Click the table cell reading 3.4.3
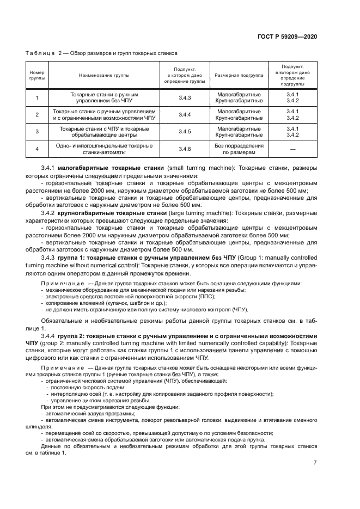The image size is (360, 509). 185,97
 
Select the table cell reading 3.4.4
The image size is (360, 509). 185,114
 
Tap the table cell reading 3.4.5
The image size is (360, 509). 185,131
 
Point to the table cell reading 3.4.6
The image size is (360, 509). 185,149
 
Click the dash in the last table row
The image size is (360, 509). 293,149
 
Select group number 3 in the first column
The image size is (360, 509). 37,131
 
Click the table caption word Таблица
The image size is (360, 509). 40,53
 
